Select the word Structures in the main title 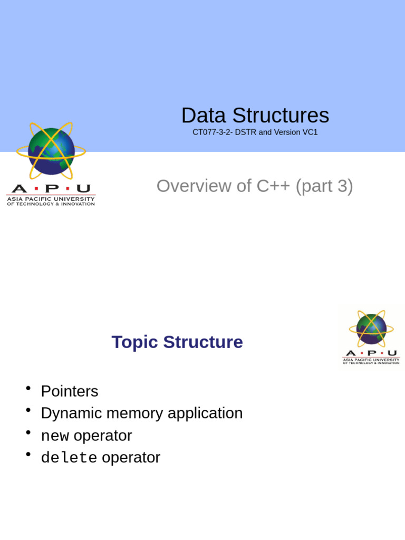pos(281,116)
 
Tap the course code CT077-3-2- pos(213,132)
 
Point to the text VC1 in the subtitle pos(310,132)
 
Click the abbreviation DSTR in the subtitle pos(245,132)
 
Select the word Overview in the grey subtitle pos(194,186)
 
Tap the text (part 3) pos(324,186)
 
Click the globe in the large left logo pos(51,151)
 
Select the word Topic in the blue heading pos(135,342)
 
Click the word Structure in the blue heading pos(203,342)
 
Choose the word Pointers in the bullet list pos(70,391)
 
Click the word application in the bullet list pos(205,413)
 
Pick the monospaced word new pos(55,436)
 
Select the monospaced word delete pos(69,458)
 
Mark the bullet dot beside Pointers pos(28,389)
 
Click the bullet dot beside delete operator pos(28,455)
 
